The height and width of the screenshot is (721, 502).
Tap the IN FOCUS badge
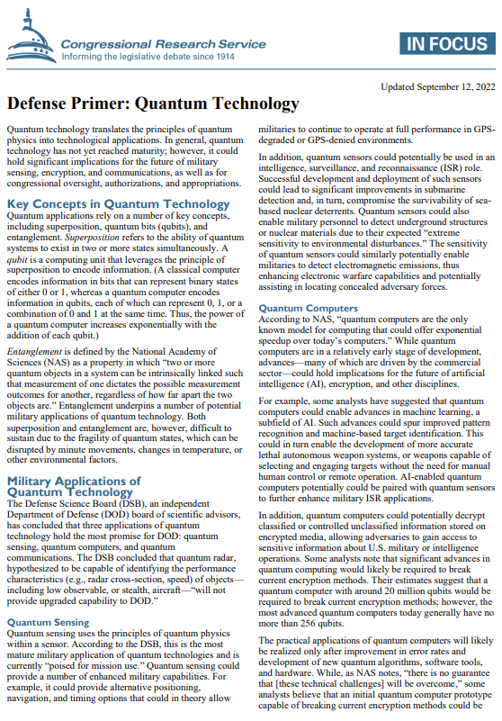pyautogui.click(x=444, y=42)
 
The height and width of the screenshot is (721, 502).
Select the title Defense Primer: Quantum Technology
pyautogui.click(x=153, y=104)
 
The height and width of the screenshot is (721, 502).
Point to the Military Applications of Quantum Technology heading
pyautogui.click(x=73, y=487)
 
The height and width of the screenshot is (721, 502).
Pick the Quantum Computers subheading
pyautogui.click(x=296, y=308)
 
